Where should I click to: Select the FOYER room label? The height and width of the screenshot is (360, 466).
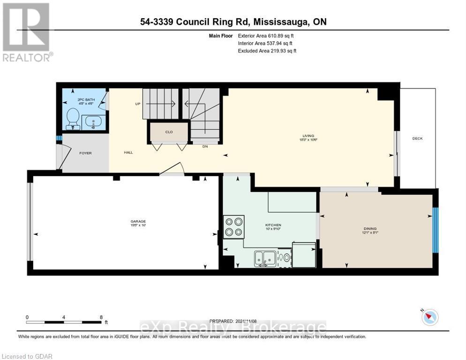[x=85, y=153]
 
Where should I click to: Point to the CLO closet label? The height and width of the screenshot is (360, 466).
[x=169, y=132]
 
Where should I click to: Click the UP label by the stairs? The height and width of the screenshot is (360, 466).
[x=138, y=104]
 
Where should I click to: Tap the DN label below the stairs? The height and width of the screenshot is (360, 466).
[x=205, y=146]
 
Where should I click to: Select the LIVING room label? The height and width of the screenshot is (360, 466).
[x=307, y=135]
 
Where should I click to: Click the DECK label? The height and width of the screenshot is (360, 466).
[x=417, y=138]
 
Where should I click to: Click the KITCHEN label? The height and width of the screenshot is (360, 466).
[x=273, y=225]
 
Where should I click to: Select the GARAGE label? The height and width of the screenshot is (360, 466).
[x=138, y=221]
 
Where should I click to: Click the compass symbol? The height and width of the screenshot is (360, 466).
[x=429, y=317]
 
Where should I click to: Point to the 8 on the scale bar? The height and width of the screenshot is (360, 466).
[x=101, y=317]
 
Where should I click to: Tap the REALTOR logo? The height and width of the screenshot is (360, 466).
[x=27, y=32]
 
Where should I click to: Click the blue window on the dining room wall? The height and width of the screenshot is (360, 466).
[x=435, y=230]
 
